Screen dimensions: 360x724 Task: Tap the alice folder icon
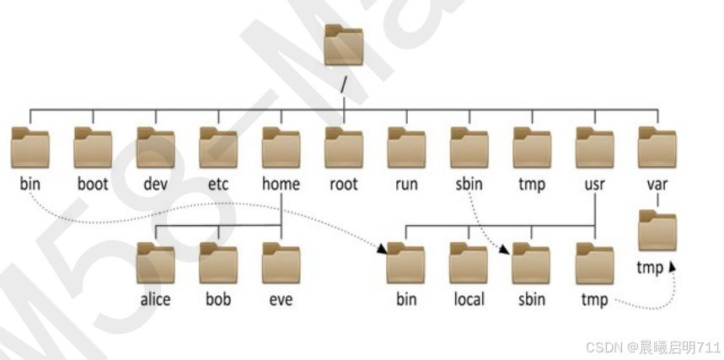point(156,263)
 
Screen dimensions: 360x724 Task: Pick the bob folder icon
point(218,263)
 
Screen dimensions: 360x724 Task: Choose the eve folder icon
point(281,263)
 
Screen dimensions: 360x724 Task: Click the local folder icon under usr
point(469,263)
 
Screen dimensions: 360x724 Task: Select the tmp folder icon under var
point(657,232)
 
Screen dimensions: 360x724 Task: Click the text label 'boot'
point(93,184)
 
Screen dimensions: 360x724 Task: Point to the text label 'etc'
point(218,184)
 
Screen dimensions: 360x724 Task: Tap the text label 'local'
point(469,299)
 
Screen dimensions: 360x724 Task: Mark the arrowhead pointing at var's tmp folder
point(672,267)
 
